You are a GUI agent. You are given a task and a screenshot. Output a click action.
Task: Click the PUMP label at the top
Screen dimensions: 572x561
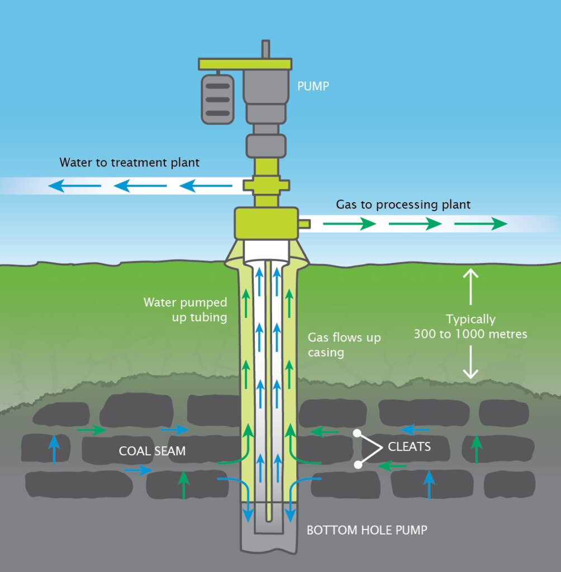[x=314, y=87]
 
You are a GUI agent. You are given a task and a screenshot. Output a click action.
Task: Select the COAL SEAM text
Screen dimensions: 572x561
[x=152, y=451]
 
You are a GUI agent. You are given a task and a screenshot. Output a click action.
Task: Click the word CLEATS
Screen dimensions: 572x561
[x=410, y=447]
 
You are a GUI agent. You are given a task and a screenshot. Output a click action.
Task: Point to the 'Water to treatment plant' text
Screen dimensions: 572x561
[x=130, y=163]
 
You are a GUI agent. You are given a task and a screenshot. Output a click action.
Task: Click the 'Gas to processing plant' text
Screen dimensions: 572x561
[x=403, y=204]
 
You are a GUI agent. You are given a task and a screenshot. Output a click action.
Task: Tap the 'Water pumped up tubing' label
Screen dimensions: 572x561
[x=186, y=309]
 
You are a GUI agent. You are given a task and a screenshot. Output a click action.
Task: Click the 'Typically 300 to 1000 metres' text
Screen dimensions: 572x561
[x=470, y=327]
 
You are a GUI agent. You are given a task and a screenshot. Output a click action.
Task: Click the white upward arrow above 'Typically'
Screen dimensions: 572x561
[x=470, y=286]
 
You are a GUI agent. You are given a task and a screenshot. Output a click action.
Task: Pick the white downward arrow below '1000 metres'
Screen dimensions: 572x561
[x=470, y=363]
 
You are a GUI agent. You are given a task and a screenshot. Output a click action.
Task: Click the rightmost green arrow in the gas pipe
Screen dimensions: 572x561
[x=481, y=224]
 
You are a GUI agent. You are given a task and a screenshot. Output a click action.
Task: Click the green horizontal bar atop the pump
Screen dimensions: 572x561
[x=245, y=64]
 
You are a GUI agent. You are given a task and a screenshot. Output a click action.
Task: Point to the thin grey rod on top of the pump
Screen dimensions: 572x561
[x=266, y=49]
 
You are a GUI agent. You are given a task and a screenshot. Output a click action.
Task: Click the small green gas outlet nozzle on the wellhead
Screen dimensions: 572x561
[x=305, y=223]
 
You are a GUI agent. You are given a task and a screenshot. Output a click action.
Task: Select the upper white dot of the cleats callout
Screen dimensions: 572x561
[x=358, y=432]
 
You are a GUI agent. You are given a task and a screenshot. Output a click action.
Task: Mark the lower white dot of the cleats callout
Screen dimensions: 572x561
[x=358, y=464]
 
